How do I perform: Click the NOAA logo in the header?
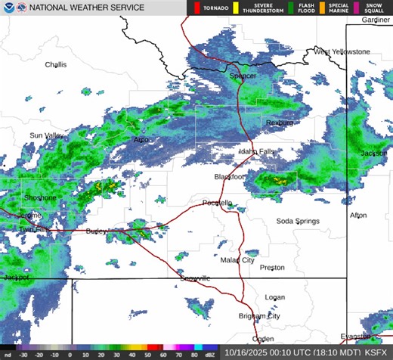(8, 8)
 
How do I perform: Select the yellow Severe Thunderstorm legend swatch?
(235, 8)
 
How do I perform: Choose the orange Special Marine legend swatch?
(322, 8)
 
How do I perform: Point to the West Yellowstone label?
(342, 51)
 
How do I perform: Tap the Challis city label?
(55, 65)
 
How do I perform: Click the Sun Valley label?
(47, 135)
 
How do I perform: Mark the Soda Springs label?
(297, 221)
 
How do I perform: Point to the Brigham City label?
(259, 316)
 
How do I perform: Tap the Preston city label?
(272, 268)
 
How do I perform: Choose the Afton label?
(358, 216)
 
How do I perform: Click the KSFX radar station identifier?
(376, 352)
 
